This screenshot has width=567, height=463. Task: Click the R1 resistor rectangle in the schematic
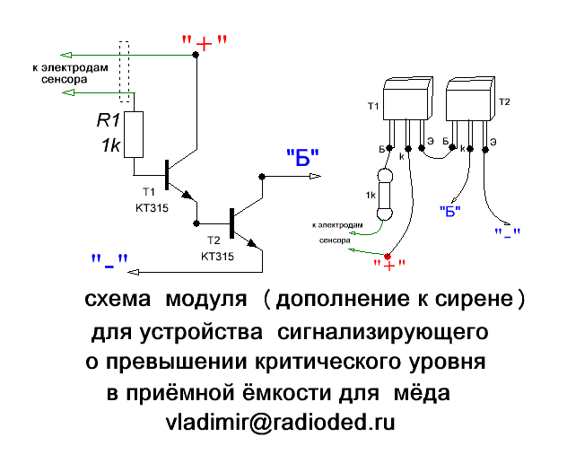point(134,135)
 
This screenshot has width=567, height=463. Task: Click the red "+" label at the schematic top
point(203,41)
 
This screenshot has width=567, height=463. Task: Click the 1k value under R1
point(109,145)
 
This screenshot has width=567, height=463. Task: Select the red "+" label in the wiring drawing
point(389,262)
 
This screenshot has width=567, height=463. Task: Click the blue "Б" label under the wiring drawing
point(449,210)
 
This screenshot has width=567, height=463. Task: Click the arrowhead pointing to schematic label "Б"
point(312,176)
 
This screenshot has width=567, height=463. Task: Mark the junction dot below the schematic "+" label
point(195,55)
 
